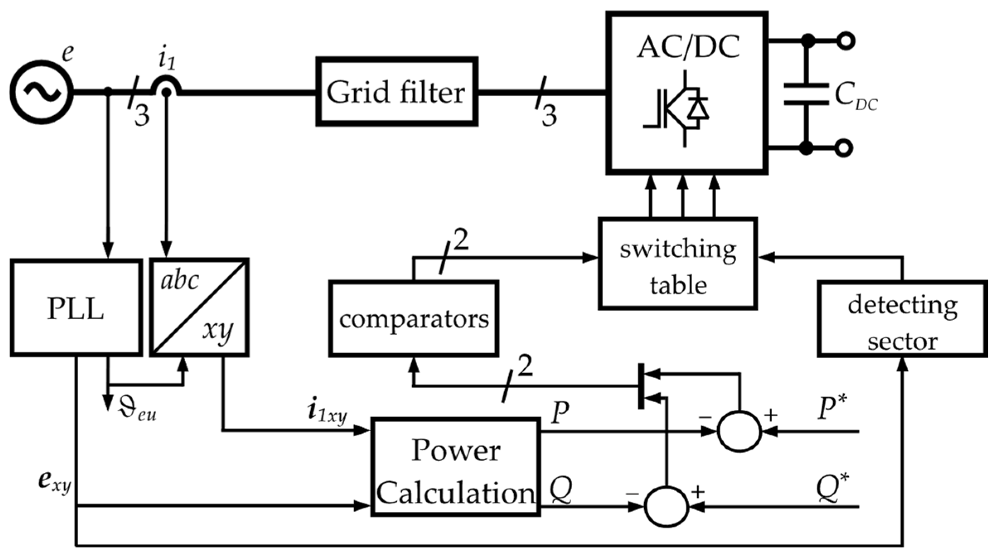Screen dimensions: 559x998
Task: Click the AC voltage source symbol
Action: pos(41,92)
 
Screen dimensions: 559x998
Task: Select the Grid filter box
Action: pos(396,92)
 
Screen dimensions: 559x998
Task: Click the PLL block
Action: pos(76,307)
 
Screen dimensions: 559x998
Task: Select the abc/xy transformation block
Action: pos(199,307)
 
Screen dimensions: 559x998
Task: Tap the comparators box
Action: pos(413,318)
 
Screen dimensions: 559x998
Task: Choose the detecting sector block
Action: pos(902,318)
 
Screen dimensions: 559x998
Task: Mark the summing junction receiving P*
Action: pos(739,432)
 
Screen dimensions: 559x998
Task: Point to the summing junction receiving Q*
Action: pos(666,506)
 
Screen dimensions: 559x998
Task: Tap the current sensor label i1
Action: pos(167,59)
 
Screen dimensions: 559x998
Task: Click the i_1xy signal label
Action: pos(327,412)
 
